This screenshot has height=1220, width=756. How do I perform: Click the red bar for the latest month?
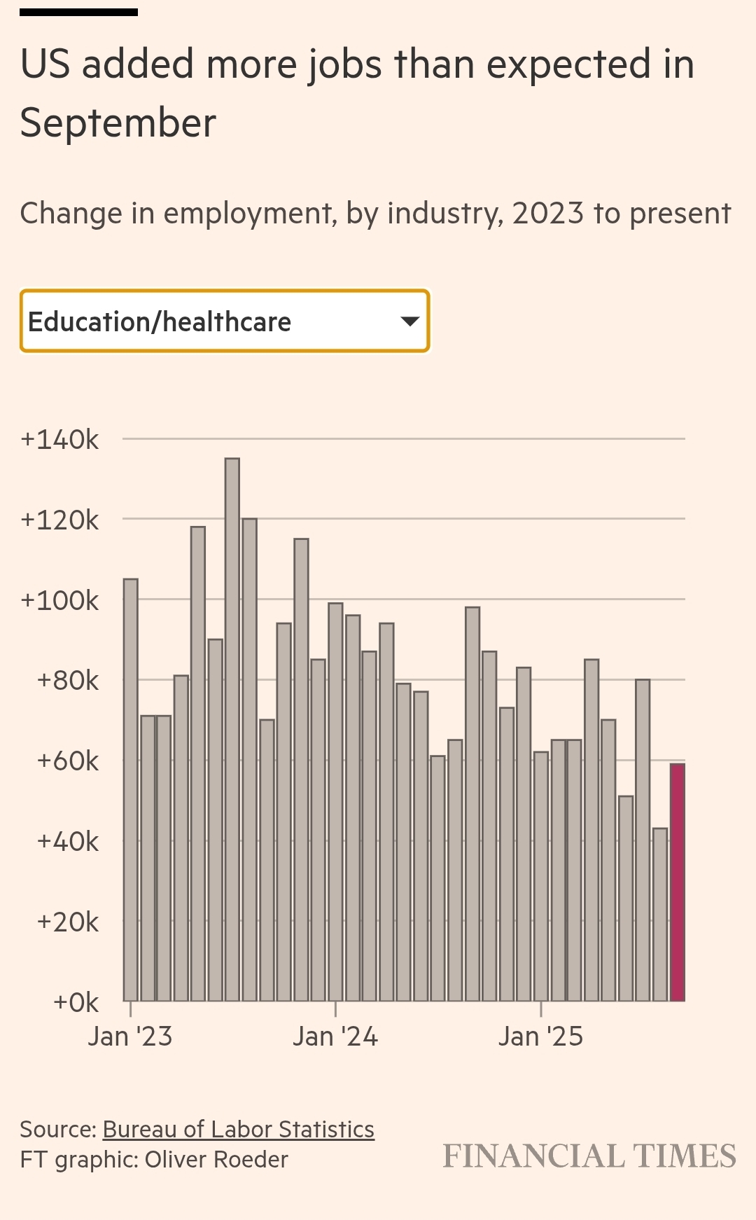677,882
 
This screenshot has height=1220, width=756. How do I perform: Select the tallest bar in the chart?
232,729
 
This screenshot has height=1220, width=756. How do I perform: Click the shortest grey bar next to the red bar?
660,914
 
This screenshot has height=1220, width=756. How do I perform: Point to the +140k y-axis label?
60,440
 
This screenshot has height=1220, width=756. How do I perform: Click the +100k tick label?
60,600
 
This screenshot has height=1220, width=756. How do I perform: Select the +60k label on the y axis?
68,761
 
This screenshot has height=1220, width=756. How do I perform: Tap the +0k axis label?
76,1002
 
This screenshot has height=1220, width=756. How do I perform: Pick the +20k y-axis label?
68,922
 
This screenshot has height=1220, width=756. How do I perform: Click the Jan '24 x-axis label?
335,1037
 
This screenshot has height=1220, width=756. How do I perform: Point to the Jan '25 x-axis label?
540,1037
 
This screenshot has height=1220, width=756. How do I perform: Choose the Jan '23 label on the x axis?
130,1037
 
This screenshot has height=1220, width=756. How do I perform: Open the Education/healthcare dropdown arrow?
409,321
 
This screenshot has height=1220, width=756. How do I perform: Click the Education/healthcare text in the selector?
160,322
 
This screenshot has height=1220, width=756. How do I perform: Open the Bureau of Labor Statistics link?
239,1130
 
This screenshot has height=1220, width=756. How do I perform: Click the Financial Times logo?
589,1156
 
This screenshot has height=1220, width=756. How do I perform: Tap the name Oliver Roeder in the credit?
216,1160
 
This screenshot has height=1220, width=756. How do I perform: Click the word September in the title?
118,123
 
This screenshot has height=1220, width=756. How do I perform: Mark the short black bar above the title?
78,12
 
